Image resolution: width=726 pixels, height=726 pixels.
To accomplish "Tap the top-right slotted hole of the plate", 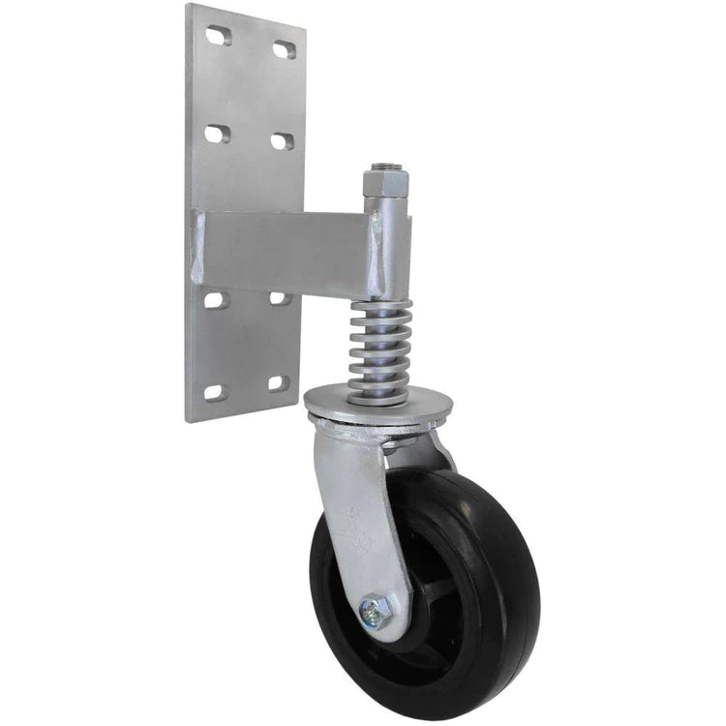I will (x=284, y=48).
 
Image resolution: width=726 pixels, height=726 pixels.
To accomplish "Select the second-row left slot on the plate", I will (x=215, y=134).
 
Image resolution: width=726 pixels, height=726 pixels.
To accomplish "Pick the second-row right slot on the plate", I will (x=281, y=141).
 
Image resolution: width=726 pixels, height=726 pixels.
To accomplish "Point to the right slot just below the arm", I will (x=279, y=299).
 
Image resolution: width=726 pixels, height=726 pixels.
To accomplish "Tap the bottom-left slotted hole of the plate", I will (x=214, y=392).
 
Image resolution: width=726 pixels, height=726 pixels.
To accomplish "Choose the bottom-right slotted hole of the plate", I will (x=278, y=383).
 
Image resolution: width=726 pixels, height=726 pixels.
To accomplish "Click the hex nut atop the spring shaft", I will (x=378, y=182).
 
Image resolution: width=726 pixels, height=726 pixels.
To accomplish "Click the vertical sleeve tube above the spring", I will (x=384, y=247).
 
